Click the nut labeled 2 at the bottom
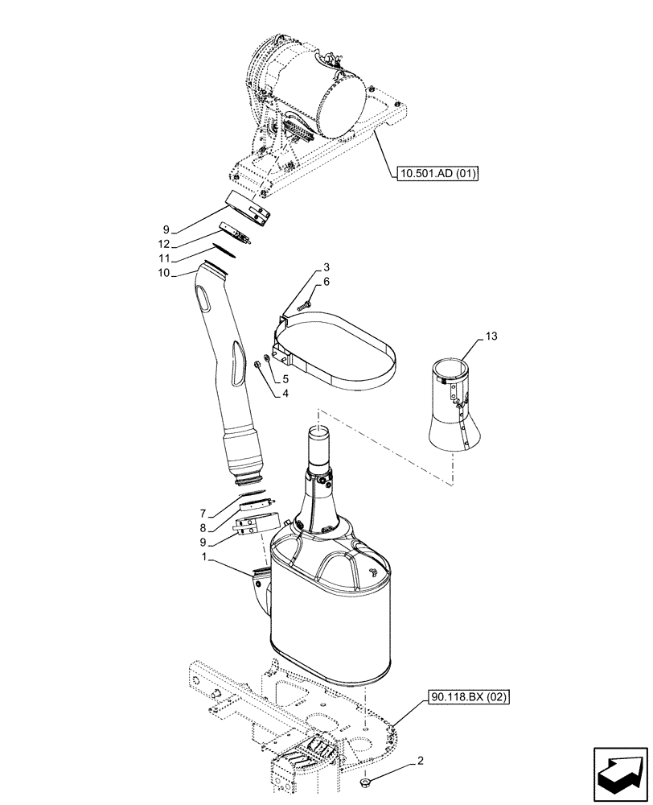pos(366,782)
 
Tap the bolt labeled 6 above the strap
pos(302,305)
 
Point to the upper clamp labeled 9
pos(248,208)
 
